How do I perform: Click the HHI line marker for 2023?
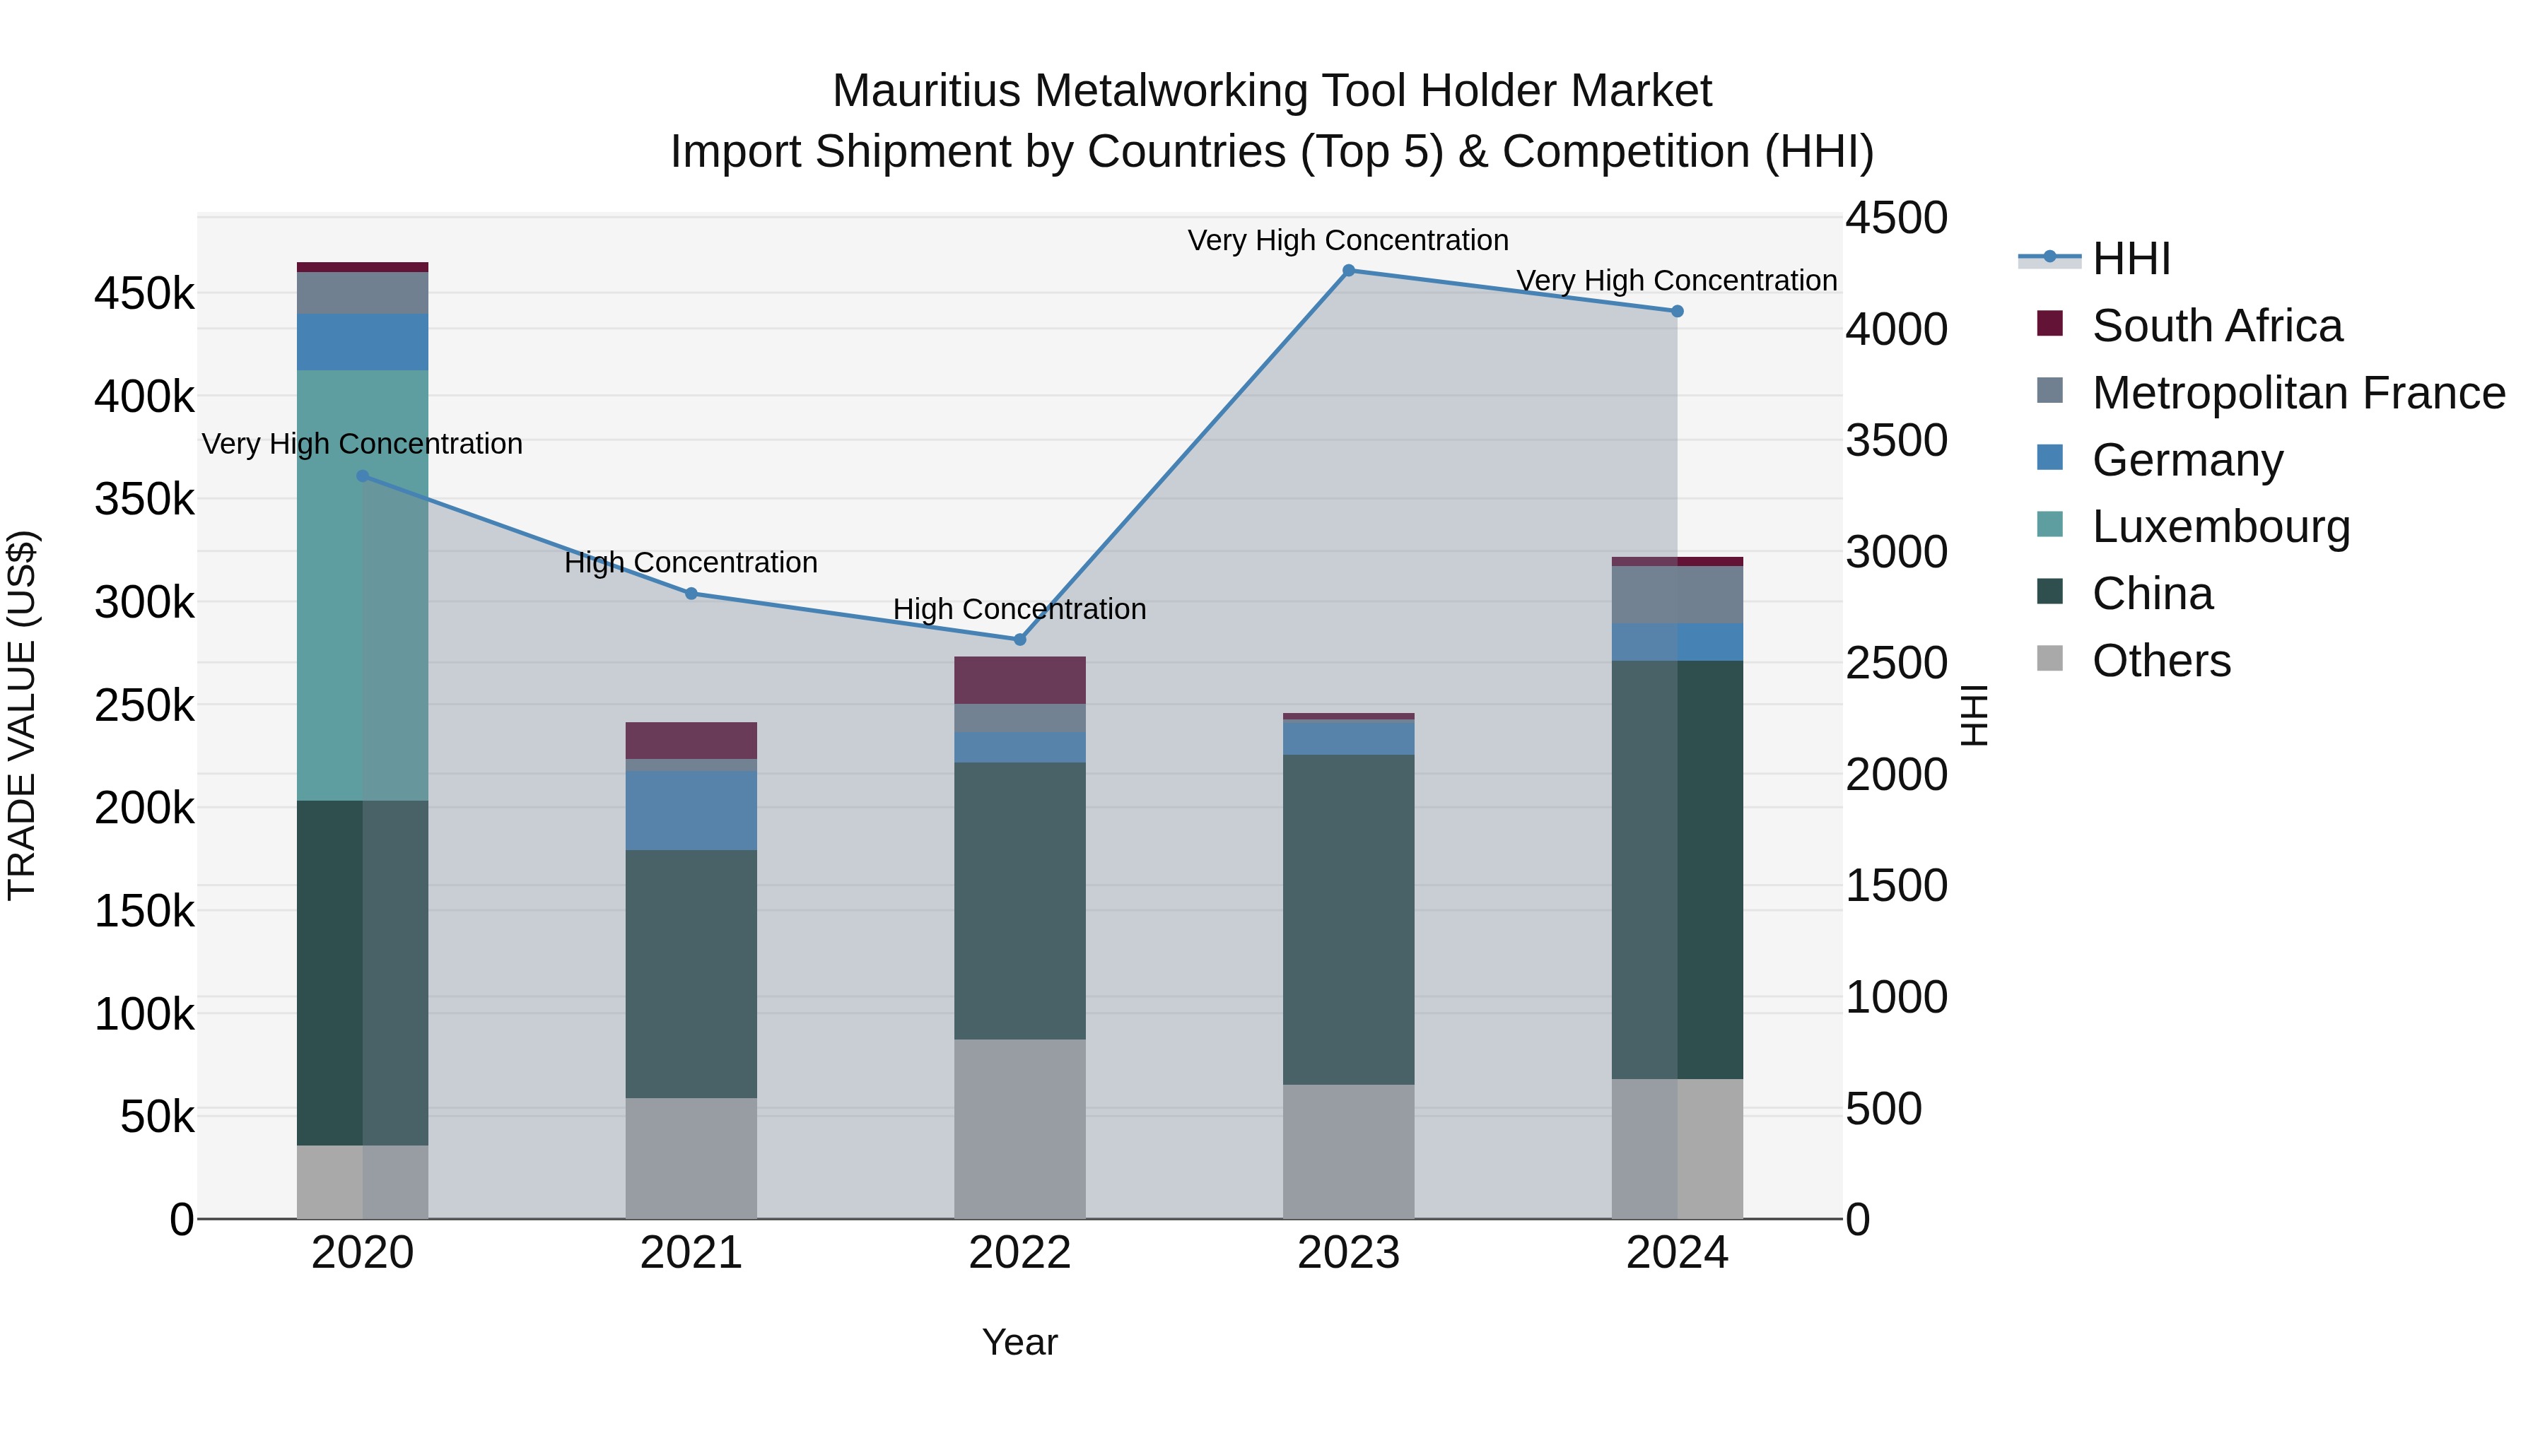pos(1349,271)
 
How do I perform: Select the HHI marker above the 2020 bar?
pos(363,476)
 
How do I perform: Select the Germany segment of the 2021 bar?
pos(691,810)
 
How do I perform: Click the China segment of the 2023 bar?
pos(1349,919)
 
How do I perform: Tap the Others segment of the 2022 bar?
pos(1019,1128)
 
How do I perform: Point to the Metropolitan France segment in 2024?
pos(1677,594)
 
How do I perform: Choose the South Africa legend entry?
pos(2216,326)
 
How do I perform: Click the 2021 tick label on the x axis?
pos(691,1253)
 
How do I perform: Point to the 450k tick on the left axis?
pos(144,294)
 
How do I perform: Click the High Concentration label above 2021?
pos(691,563)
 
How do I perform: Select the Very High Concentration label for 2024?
pos(1677,281)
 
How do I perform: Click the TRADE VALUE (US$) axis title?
pos(22,715)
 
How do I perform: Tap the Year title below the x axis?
pos(1019,1342)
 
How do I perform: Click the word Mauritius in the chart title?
pos(925,91)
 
